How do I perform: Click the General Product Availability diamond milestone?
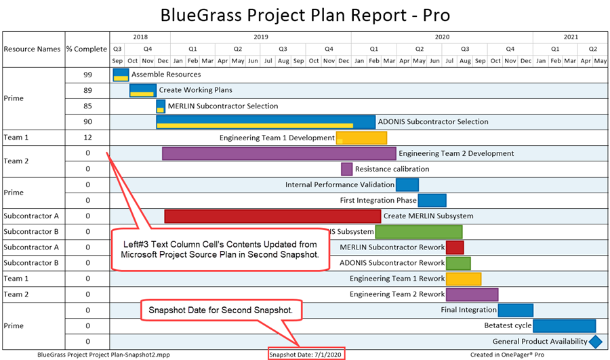click(x=595, y=342)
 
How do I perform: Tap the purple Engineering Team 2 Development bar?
click(x=279, y=153)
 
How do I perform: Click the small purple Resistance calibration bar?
click(x=346, y=169)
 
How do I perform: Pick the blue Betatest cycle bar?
click(x=564, y=325)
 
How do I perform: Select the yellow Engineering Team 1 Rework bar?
click(x=464, y=279)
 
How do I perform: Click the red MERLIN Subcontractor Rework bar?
click(x=455, y=247)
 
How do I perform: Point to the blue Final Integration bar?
click(x=516, y=310)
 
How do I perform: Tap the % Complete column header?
click(x=87, y=49)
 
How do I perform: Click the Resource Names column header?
click(x=32, y=49)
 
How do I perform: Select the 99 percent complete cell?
click(x=87, y=75)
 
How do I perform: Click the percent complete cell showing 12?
click(x=87, y=138)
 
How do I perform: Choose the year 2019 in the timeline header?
click(x=261, y=37)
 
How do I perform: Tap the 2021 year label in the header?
click(x=571, y=37)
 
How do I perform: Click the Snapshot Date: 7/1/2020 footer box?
click(x=306, y=354)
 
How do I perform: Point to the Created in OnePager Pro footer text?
click(x=507, y=354)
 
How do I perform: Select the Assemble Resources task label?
click(x=166, y=75)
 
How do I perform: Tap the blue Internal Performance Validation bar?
click(x=407, y=184)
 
